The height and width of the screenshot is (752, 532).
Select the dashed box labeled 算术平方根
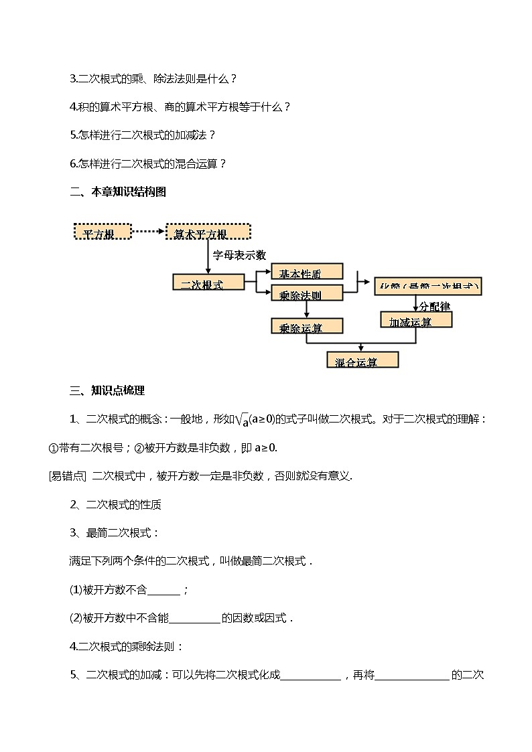pos(208,232)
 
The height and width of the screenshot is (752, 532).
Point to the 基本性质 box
pos(307,271)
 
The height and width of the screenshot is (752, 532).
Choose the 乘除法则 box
pos(307,293)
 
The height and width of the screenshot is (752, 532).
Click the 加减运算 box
pos(416,319)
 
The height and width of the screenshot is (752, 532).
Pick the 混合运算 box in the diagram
pos(362,360)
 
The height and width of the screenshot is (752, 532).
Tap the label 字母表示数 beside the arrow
pos(239,255)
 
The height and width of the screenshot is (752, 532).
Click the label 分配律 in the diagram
pos(435,306)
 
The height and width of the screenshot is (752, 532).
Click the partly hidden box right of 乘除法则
pos(428,286)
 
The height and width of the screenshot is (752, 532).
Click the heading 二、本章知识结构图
pos(118,192)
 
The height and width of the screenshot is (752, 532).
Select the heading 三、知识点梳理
pos(107,391)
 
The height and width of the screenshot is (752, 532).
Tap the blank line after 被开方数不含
pos(163,590)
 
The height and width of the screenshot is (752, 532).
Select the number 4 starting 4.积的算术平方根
pos(72,106)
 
